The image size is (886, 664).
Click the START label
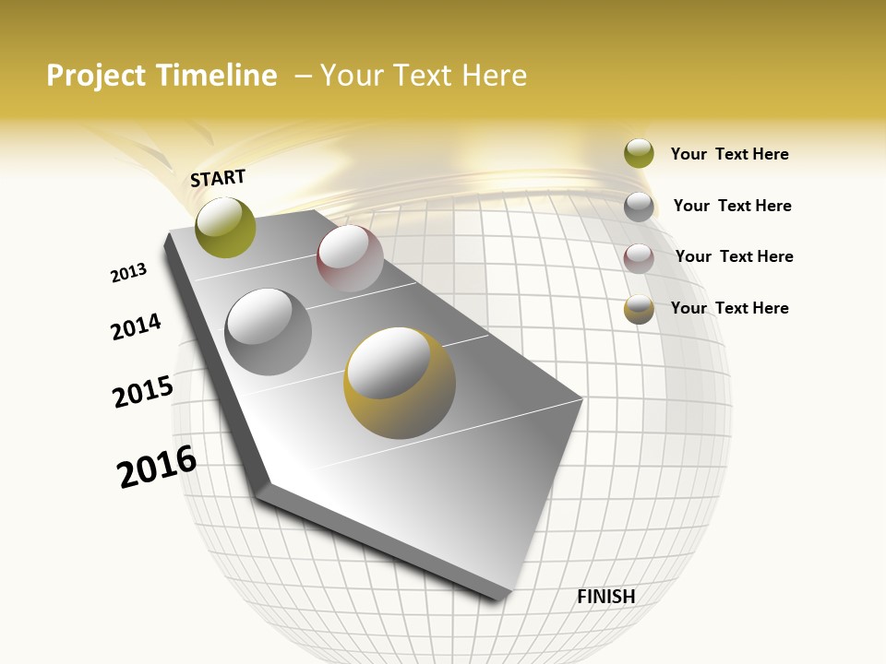tap(218, 178)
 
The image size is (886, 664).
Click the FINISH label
tap(605, 597)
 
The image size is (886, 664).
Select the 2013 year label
tap(128, 273)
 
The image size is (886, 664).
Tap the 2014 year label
tap(136, 327)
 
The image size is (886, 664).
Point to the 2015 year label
tap(143, 391)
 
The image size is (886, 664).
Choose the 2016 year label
tap(157, 466)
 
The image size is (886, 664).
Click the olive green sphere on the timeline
tap(225, 228)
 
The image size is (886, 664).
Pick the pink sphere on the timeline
tap(350, 258)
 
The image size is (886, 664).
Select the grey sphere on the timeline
tap(269, 332)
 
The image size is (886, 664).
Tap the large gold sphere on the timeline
tap(400, 383)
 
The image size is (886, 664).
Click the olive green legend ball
tap(639, 153)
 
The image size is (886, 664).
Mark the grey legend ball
tap(639, 206)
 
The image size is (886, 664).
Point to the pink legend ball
tap(639, 257)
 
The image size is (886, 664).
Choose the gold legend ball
tap(639, 309)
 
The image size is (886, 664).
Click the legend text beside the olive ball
tap(729, 154)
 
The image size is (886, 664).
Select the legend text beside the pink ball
tap(734, 256)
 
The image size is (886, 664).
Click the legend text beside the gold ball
tap(729, 308)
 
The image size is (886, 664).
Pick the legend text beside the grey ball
tap(732, 206)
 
